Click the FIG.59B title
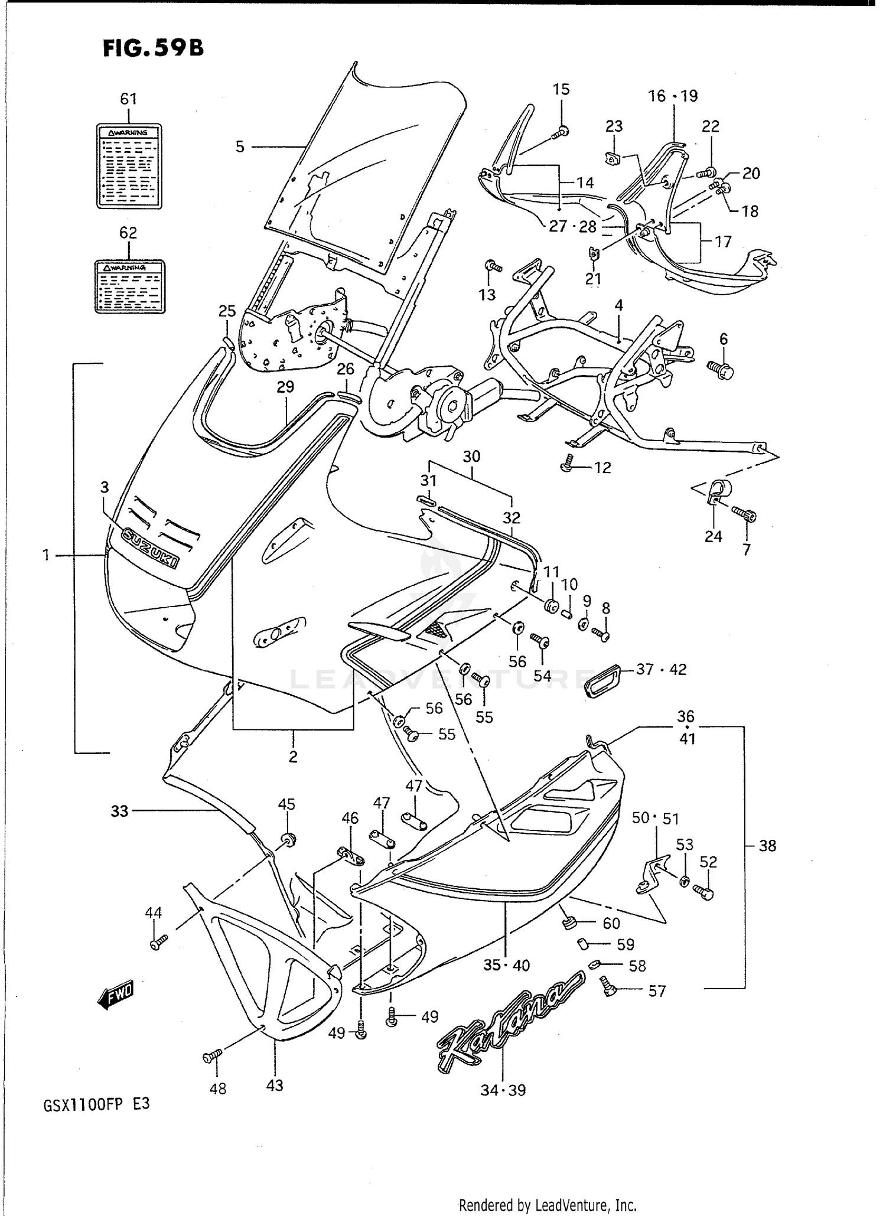coord(153,48)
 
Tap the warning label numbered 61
coord(129,166)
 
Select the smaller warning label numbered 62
coord(130,286)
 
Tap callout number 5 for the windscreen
coord(240,146)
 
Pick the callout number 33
coord(119,811)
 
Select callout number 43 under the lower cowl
coord(275,1085)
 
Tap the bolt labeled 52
coord(704,892)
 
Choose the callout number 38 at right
coord(767,846)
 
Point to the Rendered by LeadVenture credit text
coord(547,1204)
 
